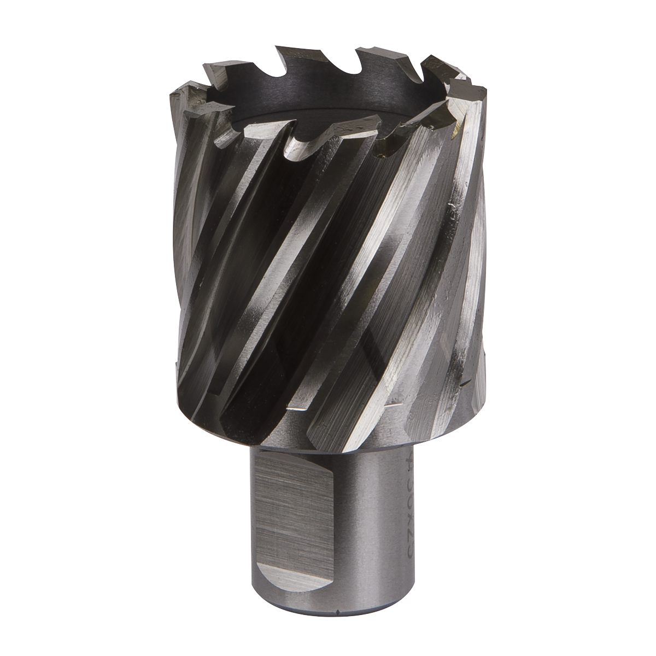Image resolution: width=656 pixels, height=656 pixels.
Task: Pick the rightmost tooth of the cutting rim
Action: click(465, 82)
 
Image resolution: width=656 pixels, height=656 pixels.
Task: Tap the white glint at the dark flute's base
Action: click(298, 407)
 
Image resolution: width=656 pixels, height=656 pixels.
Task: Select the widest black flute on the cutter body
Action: click(262, 273)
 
